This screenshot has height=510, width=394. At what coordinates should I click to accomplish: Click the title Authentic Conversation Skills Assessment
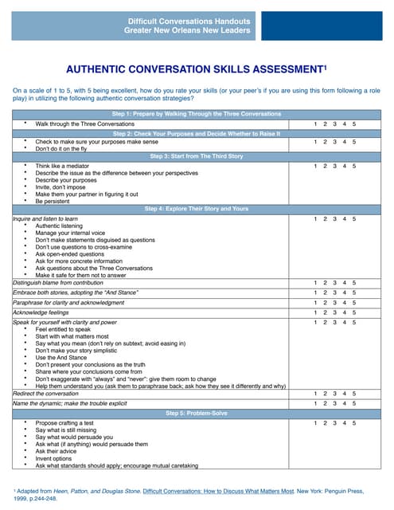click(197, 69)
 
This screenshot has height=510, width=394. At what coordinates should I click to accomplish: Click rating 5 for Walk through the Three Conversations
click(354, 124)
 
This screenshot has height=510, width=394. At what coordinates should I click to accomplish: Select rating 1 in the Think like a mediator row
click(315, 167)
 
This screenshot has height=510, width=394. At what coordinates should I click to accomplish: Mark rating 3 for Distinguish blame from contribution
click(334, 283)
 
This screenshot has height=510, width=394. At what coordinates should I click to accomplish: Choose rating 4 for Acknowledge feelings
click(345, 312)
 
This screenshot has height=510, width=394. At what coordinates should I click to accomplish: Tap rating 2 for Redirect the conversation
click(325, 394)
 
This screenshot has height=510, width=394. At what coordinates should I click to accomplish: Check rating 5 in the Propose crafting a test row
click(354, 423)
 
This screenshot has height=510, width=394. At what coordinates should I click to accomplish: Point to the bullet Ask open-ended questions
click(70, 254)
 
